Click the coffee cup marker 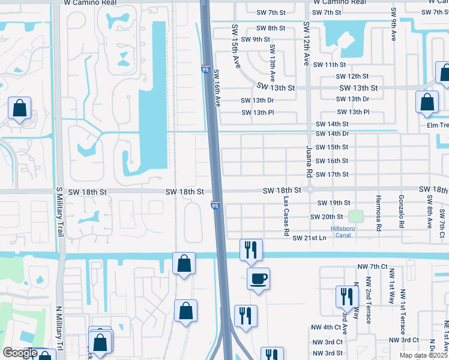258,278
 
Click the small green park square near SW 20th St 357,217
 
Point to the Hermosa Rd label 378,212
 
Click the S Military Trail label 59,211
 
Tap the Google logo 19,353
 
